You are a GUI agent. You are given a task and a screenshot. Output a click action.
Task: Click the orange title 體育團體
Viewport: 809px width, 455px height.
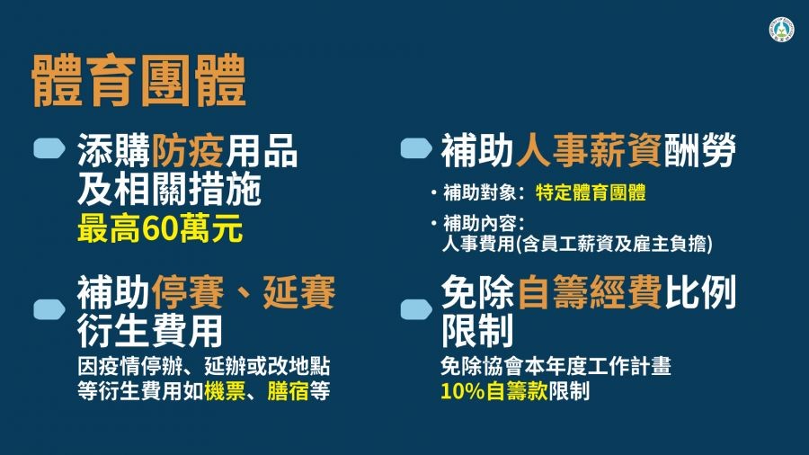(138, 81)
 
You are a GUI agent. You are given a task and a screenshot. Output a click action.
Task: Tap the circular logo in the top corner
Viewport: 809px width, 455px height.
(781, 29)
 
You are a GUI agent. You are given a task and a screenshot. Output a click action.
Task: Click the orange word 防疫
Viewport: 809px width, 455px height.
(189, 151)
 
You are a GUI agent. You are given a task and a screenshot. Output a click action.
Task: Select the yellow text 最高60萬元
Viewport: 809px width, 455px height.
(160, 228)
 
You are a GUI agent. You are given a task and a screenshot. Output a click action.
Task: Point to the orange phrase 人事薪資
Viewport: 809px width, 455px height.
(589, 151)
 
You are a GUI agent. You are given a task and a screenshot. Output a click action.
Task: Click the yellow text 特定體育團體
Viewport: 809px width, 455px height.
(591, 192)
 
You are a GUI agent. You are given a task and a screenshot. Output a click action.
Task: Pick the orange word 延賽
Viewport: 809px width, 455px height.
(299, 292)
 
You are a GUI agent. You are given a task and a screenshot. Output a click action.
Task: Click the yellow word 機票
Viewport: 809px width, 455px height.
(225, 390)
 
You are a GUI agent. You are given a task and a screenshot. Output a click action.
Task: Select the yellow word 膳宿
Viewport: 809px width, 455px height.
(288, 390)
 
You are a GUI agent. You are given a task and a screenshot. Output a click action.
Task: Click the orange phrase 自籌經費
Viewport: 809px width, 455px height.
(589, 292)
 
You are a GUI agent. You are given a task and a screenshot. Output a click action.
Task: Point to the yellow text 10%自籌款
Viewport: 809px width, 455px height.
(493, 391)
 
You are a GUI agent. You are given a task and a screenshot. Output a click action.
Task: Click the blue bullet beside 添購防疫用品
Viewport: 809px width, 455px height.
(49, 148)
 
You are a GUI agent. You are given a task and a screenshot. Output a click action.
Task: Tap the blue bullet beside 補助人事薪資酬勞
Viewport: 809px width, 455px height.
(416, 148)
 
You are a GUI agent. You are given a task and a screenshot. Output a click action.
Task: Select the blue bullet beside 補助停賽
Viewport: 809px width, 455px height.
(49, 309)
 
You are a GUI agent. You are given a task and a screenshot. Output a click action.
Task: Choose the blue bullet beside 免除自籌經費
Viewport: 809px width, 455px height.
(416, 309)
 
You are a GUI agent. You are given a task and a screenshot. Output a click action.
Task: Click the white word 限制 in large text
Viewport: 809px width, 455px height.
(477, 331)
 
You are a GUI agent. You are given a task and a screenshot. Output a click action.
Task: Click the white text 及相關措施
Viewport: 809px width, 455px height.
(170, 189)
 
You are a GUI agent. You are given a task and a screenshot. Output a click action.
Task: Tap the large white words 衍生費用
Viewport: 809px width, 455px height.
(150, 331)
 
